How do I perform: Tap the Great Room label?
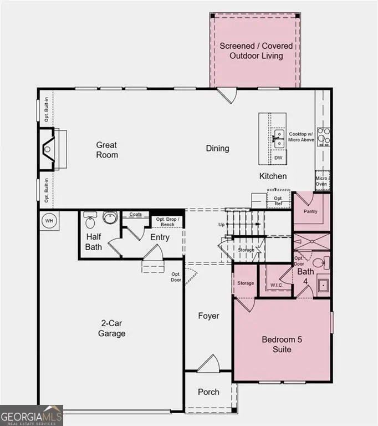(x=107, y=150)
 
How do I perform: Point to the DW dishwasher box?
(x=278, y=158)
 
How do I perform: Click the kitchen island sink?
(x=278, y=138)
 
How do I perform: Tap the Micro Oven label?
(x=321, y=181)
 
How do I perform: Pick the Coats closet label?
(x=136, y=214)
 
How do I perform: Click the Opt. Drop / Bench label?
(x=167, y=222)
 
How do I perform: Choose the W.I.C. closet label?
(x=276, y=286)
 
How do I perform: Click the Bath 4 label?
(x=305, y=276)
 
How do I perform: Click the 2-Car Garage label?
(x=113, y=328)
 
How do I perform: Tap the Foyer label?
(x=209, y=316)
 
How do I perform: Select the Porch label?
(x=209, y=392)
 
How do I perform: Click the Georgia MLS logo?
(x=32, y=415)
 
